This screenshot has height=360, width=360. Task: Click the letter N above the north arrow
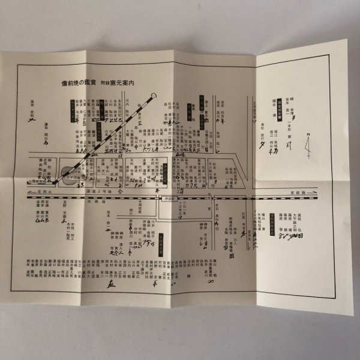click(307, 135)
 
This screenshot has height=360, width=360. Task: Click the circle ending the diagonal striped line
click(155, 95)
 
